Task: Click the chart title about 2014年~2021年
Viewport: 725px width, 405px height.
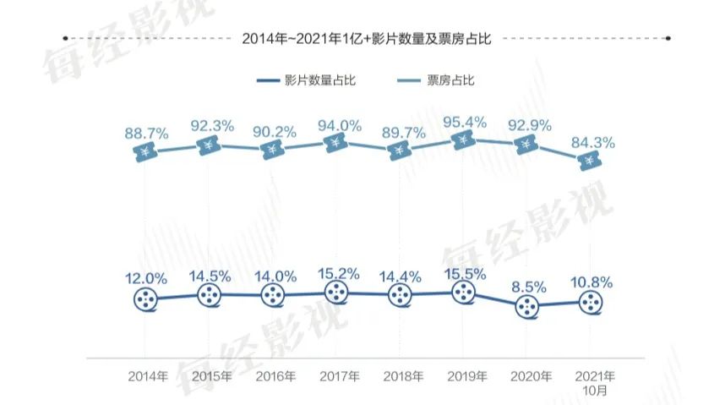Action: coord(367,38)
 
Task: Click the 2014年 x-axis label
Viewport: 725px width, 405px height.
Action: coord(147,375)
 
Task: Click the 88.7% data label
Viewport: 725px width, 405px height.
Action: coord(146,134)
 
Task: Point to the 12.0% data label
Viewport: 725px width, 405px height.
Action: coord(146,279)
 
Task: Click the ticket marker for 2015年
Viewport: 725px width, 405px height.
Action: coord(210,146)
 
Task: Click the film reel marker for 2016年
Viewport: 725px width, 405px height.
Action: coord(274,295)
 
